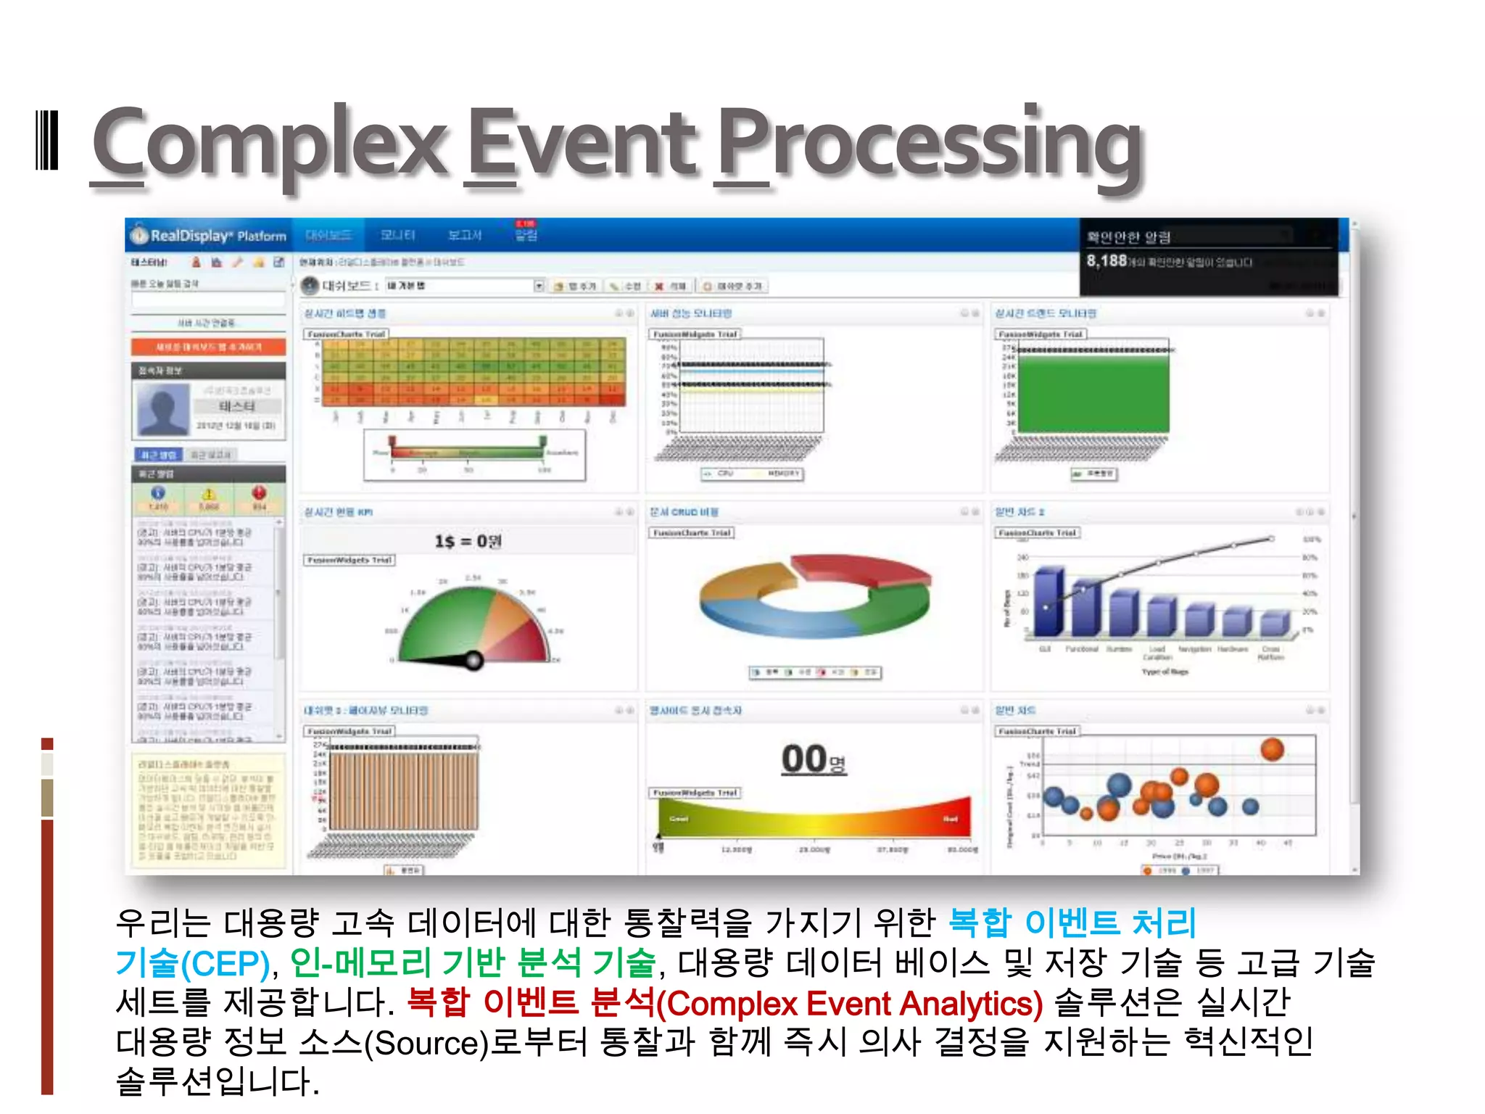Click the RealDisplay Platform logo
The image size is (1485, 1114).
pyautogui.click(x=209, y=236)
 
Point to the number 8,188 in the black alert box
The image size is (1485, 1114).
pyautogui.click(x=1106, y=260)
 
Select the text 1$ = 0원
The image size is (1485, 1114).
pyautogui.click(x=468, y=541)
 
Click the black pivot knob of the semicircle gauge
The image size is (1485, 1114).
pyautogui.click(x=473, y=660)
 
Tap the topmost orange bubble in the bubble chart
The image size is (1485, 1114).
pyautogui.click(x=1272, y=749)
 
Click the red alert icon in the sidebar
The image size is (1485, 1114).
pyautogui.click(x=259, y=493)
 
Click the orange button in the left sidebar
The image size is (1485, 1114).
pyautogui.click(x=209, y=347)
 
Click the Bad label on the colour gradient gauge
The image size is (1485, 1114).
pyautogui.click(x=950, y=819)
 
